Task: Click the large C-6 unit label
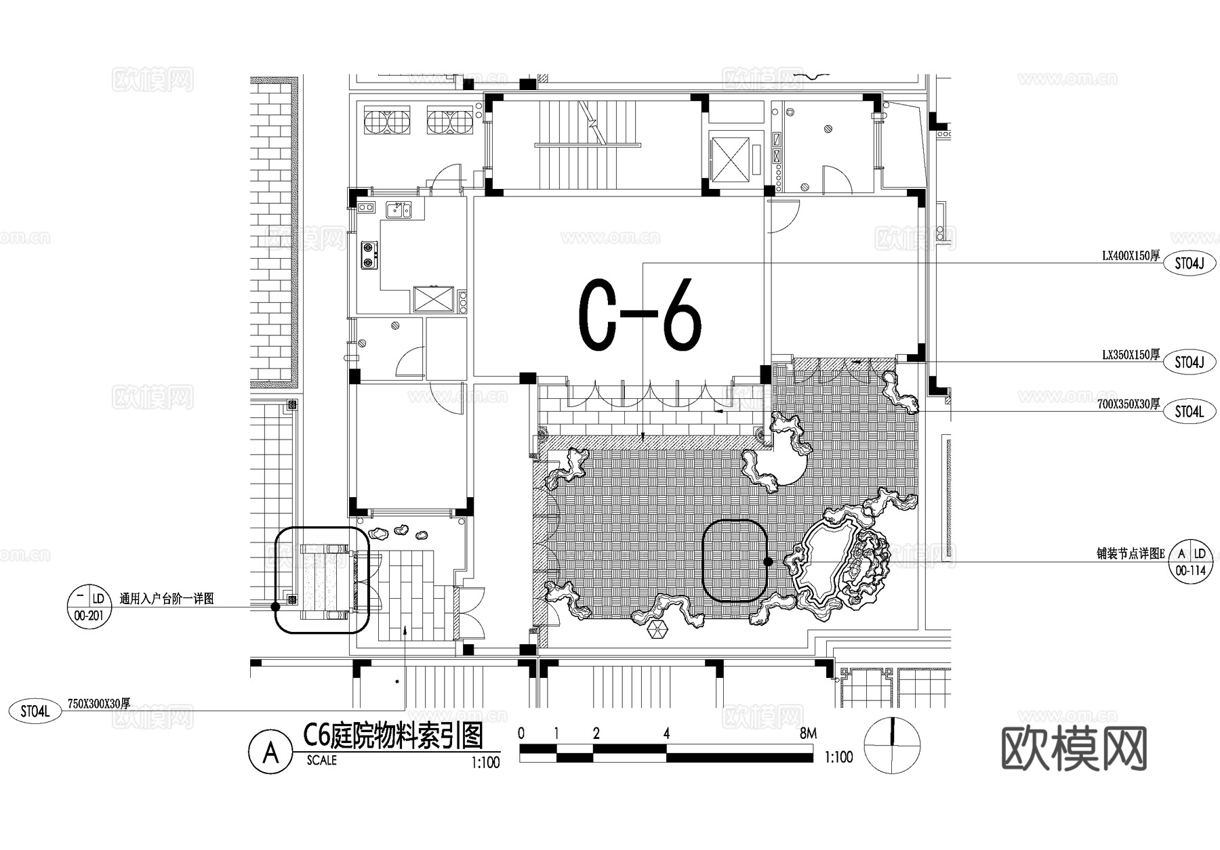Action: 639,315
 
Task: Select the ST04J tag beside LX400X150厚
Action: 1189,263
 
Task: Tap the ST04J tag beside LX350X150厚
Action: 1189,362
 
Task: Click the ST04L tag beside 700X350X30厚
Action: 1189,411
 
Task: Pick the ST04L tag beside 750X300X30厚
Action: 35,711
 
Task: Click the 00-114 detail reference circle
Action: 1191,561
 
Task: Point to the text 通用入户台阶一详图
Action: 167,599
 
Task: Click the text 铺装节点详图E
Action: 1130,553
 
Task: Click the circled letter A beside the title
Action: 270,752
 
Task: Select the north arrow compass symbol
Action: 893,745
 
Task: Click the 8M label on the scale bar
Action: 808,733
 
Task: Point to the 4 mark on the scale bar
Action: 666,734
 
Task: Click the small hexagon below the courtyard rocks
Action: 657,630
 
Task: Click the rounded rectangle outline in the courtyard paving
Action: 735,561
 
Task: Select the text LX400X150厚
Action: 1131,256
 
